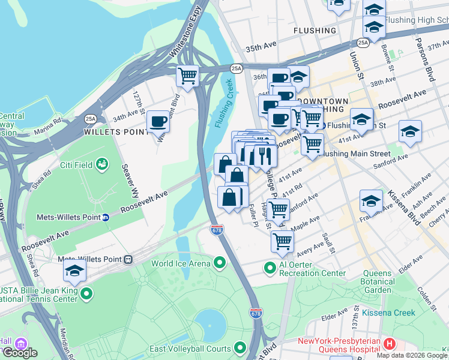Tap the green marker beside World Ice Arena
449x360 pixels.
click(219, 263)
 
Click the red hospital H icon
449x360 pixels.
click(390, 344)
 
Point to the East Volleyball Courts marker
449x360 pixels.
click(240, 348)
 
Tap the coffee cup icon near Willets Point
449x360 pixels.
click(158, 121)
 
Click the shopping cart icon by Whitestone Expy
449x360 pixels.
click(188, 76)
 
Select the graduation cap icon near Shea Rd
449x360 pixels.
click(74, 271)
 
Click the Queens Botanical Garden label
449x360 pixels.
click(378, 281)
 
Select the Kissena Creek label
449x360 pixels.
click(388, 313)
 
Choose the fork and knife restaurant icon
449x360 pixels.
click(265, 156)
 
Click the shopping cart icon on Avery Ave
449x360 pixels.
click(282, 241)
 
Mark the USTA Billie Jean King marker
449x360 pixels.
click(87, 293)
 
